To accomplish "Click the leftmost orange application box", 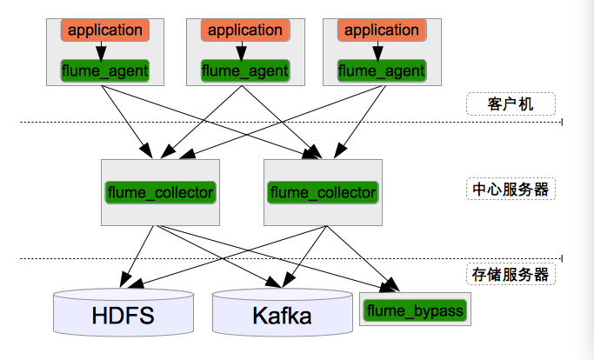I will pyautogui.click(x=105, y=30).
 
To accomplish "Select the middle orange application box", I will pyautogui.click(x=245, y=30).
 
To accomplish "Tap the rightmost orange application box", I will pyautogui.click(x=382, y=30).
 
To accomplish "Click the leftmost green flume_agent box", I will pyautogui.click(x=105, y=70).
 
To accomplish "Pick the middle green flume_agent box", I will pyautogui.click(x=245, y=70).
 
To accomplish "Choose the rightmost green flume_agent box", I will pyautogui.click(x=382, y=70).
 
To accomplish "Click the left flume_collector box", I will pyautogui.click(x=160, y=191).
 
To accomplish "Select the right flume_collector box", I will pyautogui.click(x=323, y=191).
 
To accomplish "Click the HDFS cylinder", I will pyautogui.click(x=123, y=314).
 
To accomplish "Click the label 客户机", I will pyautogui.click(x=511, y=104).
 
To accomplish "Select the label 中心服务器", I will pyautogui.click(x=511, y=189).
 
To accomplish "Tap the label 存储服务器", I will pyautogui.click(x=511, y=274).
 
